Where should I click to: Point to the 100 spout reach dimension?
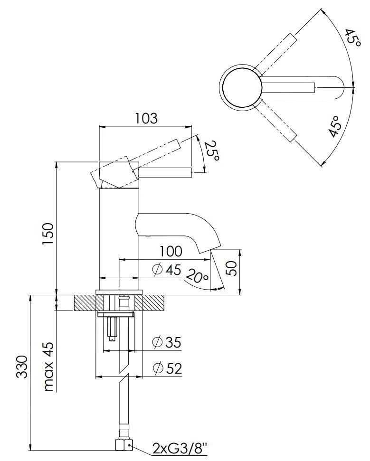point(171,251)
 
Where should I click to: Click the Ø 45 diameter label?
point(167,270)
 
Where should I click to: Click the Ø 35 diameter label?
point(167,342)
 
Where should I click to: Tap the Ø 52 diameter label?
point(167,368)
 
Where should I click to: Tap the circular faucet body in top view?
point(241,87)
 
